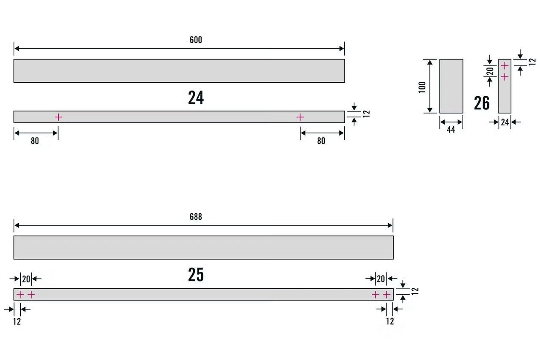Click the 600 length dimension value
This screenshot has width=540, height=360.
(196, 40)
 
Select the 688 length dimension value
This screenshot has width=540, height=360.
(196, 217)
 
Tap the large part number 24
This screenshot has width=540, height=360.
(196, 97)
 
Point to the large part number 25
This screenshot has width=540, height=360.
(196, 274)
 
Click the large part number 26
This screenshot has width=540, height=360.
(482, 103)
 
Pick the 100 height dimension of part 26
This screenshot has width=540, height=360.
(422, 87)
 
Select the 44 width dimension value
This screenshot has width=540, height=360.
(451, 130)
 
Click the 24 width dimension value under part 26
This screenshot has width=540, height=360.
(505, 122)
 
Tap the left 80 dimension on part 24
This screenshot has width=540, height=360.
(35, 141)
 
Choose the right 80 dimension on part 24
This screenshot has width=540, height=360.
(321, 141)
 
